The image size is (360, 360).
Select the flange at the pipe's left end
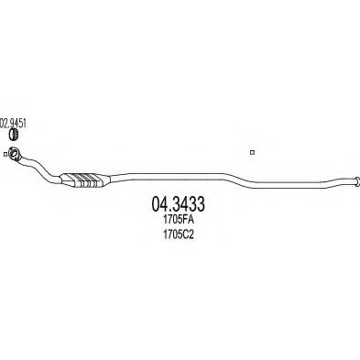(17, 157)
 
